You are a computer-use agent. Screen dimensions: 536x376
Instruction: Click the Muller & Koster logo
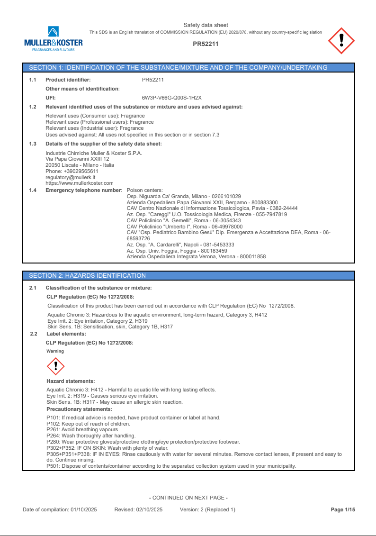coord(53,39)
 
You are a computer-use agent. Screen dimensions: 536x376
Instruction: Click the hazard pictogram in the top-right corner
coord(341,40)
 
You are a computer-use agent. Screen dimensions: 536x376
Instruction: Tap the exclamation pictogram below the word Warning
coord(56,366)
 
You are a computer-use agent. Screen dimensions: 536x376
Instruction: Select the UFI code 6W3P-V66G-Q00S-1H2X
coord(172,98)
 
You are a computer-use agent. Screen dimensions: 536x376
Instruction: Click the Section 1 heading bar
coord(188,68)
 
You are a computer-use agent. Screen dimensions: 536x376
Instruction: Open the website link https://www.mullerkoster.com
coord(80,183)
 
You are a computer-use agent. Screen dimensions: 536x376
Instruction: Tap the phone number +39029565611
coord(78,171)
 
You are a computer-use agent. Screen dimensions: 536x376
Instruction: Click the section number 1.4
coord(33,190)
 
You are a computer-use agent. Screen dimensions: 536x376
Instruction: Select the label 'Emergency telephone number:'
coord(84,190)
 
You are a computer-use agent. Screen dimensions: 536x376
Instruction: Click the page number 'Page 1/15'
coord(343,509)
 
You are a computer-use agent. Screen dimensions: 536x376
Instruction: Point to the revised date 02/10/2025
coord(149,509)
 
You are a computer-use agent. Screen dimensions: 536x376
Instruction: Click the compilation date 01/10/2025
coord(84,509)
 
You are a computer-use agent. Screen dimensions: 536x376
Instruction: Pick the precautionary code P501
coord(53,466)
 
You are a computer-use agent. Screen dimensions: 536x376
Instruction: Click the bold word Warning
coord(55,351)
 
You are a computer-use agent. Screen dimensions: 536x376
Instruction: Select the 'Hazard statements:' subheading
coord(71,381)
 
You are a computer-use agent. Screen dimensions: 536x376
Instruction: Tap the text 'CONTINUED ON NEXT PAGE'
coord(188,498)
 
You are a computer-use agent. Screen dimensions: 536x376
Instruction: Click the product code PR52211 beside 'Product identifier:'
coord(153,80)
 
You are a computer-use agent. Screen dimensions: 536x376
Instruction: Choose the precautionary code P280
coord(53,442)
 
